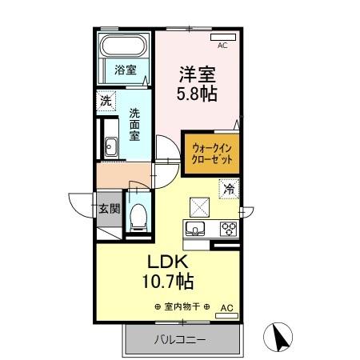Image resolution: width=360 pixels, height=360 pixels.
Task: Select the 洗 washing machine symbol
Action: coord(105,102)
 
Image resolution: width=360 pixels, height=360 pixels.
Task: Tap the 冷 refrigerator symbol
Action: coord(229,190)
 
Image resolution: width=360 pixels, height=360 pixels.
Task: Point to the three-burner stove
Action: coord(228,228)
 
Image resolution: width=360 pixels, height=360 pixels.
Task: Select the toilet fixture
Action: coord(138,214)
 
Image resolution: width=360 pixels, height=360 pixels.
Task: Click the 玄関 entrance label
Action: coord(109,210)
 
